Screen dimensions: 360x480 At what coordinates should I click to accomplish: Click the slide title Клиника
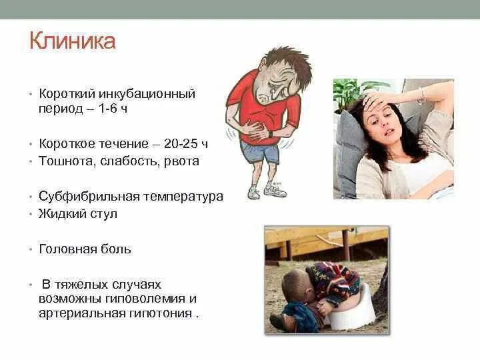(73, 41)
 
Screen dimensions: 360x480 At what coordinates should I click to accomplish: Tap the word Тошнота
(65, 161)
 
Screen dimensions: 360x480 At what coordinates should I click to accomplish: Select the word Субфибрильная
(89, 197)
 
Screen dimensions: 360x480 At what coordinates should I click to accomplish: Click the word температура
(183, 197)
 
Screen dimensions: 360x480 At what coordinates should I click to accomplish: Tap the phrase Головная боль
(85, 249)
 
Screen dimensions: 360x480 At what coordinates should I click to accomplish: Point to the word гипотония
(167, 313)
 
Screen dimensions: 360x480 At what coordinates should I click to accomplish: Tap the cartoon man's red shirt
(250, 107)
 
